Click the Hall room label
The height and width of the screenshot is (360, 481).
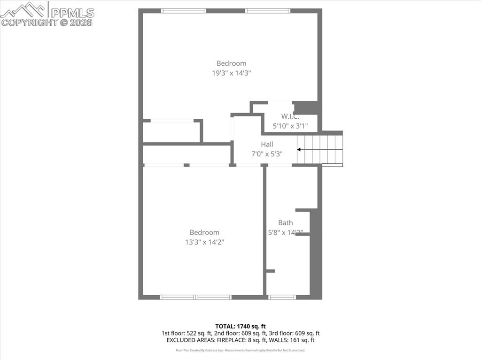point(267,145)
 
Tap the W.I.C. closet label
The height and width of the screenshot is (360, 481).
point(290,116)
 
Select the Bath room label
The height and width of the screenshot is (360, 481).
point(285,223)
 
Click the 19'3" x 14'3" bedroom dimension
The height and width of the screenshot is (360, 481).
point(231,73)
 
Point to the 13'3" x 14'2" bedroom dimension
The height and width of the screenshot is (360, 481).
point(204,242)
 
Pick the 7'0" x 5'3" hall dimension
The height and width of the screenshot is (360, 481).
point(267,154)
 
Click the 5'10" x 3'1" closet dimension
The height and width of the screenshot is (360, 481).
point(290,126)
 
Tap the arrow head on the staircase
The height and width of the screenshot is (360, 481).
point(299,150)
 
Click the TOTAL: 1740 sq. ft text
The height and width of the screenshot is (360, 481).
point(240,326)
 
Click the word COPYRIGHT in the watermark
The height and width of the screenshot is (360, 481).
point(30,22)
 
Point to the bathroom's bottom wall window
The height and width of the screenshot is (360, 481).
point(282,297)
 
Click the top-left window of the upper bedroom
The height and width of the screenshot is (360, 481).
point(184,11)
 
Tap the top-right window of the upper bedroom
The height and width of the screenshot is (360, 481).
point(268,11)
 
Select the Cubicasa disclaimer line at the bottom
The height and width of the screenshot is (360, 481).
point(240,350)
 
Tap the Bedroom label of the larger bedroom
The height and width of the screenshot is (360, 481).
point(231,63)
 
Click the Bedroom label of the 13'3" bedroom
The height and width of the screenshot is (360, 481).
point(204,232)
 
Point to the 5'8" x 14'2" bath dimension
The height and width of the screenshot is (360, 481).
point(285,232)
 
